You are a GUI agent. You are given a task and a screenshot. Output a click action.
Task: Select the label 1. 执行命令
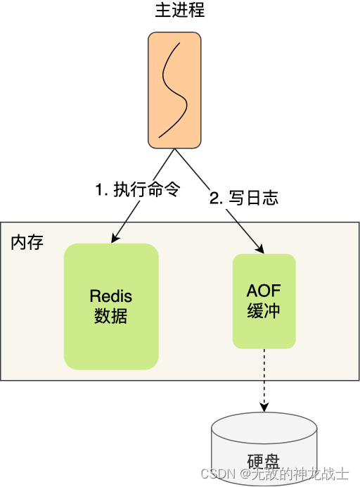pyautogui.click(x=138, y=189)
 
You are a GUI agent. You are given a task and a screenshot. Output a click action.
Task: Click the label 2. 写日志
pyautogui.click(x=244, y=198)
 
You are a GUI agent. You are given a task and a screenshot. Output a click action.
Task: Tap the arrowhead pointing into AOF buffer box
pyautogui.click(x=260, y=249)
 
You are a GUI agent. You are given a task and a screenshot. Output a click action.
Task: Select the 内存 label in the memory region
pyautogui.click(x=27, y=243)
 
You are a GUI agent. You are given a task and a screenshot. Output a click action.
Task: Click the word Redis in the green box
pyautogui.click(x=111, y=296)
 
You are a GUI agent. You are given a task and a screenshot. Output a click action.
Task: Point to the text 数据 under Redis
pyautogui.click(x=111, y=315)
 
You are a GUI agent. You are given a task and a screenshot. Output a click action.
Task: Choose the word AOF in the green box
pyautogui.click(x=264, y=291)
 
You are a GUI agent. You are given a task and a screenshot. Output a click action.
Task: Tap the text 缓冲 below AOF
pyautogui.click(x=264, y=310)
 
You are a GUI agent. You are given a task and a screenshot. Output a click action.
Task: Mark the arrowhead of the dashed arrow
pyautogui.click(x=264, y=407)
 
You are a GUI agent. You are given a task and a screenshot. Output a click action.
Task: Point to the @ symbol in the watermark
pyautogui.click(x=244, y=474)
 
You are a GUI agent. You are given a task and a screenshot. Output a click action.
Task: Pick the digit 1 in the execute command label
pyautogui.click(x=99, y=190)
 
